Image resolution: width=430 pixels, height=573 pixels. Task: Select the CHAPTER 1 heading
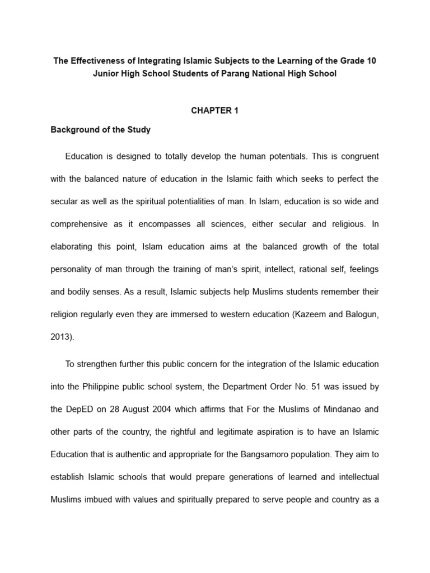pos(214,111)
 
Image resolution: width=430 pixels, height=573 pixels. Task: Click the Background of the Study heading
pos(101,130)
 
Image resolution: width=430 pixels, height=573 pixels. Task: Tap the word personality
pos(72,269)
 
